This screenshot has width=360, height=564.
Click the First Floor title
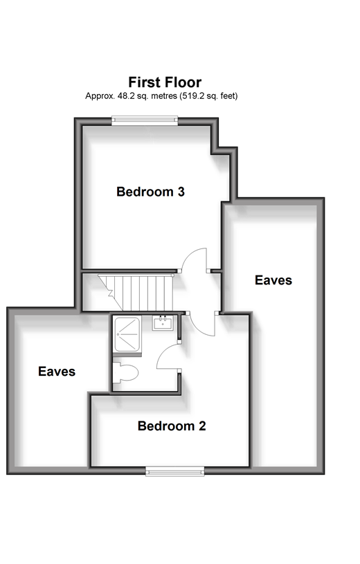[x=165, y=82]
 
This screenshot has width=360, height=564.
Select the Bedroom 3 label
[x=150, y=192]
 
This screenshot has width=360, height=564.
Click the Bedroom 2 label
[x=172, y=426]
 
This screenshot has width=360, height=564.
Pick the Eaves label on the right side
[x=273, y=280]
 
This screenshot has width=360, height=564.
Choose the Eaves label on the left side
[x=57, y=371]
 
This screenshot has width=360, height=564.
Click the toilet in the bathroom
[x=125, y=372]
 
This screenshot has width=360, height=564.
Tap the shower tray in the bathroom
[x=127, y=334]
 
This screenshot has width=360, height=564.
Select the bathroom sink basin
[x=163, y=323]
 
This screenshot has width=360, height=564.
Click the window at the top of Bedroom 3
[x=145, y=120]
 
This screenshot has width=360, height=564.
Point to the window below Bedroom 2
[x=175, y=471]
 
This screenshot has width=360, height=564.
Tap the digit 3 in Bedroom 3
[x=181, y=192]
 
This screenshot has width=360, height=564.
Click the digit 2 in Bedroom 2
[x=202, y=426]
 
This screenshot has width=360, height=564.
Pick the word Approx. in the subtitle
[x=100, y=96]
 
